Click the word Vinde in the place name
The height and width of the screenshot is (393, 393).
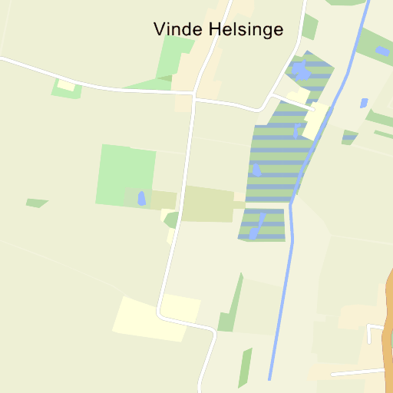coord(178,29)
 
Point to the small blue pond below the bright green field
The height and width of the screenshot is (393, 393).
coord(141,198)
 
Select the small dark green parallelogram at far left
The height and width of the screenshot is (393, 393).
coord(36,203)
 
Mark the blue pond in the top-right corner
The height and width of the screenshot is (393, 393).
coord(381,51)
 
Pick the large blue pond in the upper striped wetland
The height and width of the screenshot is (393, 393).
coord(301,71)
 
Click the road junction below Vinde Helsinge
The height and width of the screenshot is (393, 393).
coord(193,97)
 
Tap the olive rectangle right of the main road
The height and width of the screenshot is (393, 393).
coord(207,204)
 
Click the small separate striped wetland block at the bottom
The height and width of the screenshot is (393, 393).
coord(262,224)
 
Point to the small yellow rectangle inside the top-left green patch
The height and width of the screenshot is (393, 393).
coord(66,86)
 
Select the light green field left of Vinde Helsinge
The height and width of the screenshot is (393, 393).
coord(176,58)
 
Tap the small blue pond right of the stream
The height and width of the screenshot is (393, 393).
coord(364,102)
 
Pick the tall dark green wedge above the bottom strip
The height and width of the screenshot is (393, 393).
coord(230,307)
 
